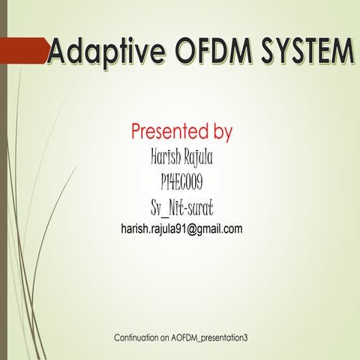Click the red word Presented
point(167,132)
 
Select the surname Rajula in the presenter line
point(199,159)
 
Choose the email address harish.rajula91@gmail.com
point(181,229)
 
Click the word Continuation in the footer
point(139,338)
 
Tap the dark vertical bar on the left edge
point(3,180)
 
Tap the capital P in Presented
point(136,132)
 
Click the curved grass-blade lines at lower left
point(34,255)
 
